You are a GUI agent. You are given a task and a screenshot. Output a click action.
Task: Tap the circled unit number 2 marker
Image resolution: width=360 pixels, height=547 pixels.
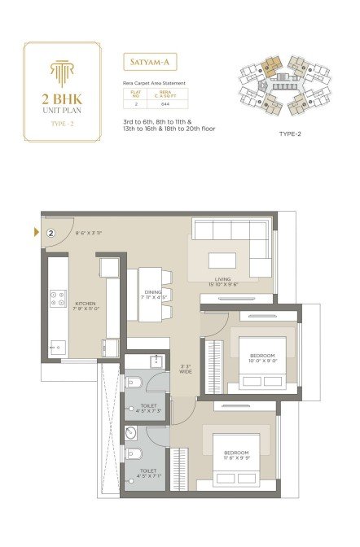pyautogui.click(x=51, y=233)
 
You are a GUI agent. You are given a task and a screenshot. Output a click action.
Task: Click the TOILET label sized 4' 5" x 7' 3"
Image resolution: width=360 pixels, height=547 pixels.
pyautogui.click(x=147, y=406)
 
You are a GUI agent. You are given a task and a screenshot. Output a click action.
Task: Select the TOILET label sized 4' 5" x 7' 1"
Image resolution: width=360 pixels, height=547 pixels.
pyautogui.click(x=147, y=473)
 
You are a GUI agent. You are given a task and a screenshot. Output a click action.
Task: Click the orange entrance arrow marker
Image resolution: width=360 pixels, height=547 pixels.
pyautogui.click(x=36, y=234)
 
